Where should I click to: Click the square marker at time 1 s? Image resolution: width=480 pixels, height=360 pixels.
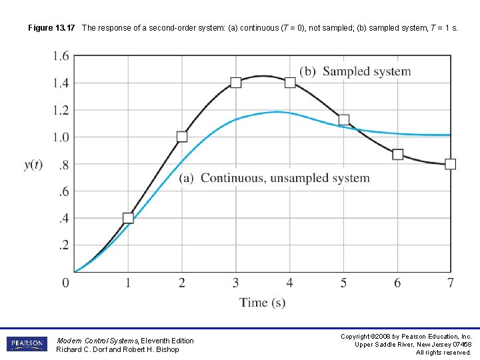click(128, 218)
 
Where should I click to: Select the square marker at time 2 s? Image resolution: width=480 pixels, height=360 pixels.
click(182, 137)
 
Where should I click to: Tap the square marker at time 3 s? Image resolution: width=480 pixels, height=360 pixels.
click(236, 83)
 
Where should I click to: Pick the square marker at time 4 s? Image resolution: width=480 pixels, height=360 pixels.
click(290, 83)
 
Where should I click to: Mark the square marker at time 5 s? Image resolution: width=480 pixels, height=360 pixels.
click(344, 120)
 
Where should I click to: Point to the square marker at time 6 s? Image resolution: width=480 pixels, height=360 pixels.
click(397, 154)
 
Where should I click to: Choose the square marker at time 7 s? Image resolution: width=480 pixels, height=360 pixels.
click(451, 164)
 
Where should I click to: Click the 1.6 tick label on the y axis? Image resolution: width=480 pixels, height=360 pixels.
click(60, 56)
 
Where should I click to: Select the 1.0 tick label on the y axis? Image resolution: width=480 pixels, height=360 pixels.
click(60, 137)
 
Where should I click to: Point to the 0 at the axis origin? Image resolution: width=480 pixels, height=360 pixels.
click(65, 283)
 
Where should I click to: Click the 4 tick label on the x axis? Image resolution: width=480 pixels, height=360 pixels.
click(290, 283)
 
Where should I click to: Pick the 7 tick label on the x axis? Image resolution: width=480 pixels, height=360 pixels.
click(451, 283)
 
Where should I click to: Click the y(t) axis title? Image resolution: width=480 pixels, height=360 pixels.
click(33, 165)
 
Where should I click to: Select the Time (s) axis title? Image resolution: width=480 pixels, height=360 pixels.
click(263, 303)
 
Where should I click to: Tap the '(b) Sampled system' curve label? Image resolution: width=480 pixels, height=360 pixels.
click(355, 71)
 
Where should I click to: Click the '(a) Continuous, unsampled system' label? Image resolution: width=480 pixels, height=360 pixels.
click(274, 178)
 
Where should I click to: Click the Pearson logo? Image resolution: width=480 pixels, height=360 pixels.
click(27, 344)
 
